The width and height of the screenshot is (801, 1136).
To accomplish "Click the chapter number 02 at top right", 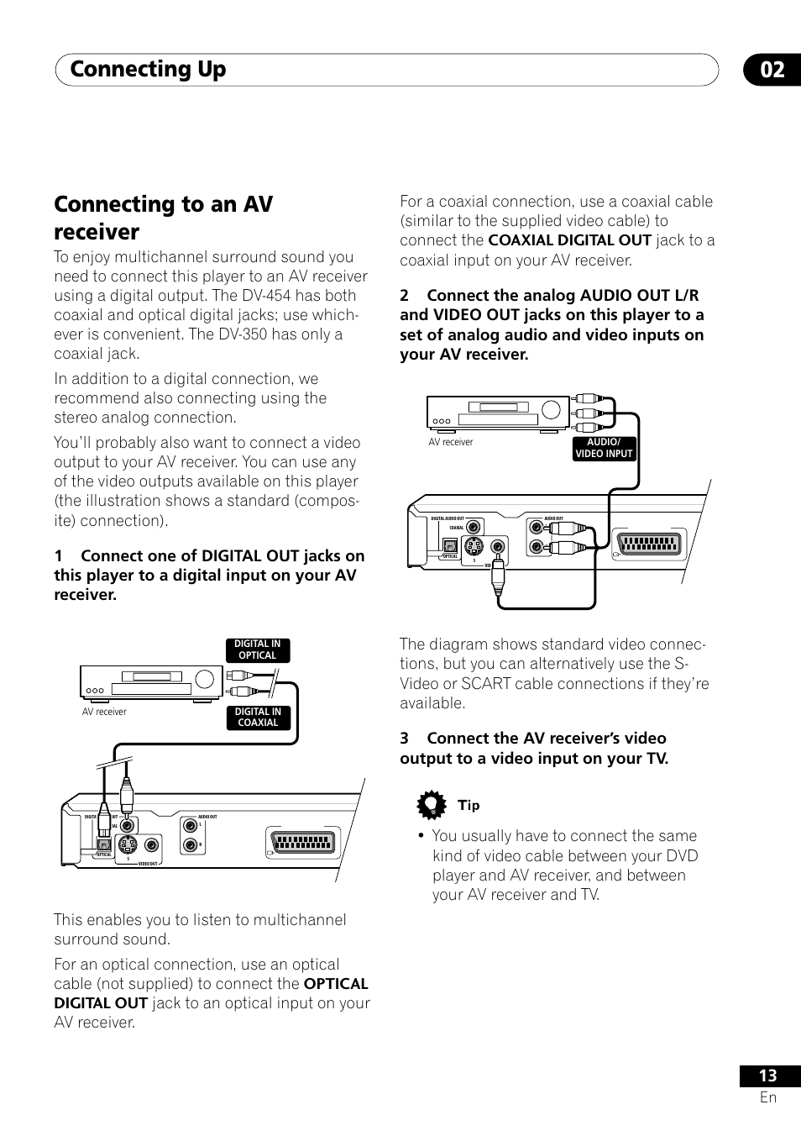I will [x=772, y=70].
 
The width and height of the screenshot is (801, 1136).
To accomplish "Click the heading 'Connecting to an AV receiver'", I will [x=164, y=218].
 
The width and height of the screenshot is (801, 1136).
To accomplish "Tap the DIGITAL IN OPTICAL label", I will [x=258, y=650].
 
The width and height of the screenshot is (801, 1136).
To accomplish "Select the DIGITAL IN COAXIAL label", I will [x=258, y=717].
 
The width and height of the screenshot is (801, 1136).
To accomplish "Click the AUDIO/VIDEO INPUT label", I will [x=604, y=448].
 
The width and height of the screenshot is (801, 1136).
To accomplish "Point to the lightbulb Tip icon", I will [x=432, y=806].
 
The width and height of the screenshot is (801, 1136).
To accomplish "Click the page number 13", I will [x=767, y=1076].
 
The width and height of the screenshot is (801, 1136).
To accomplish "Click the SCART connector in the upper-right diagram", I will [x=652, y=545].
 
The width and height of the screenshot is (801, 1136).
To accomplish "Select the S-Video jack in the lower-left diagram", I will [x=127, y=845].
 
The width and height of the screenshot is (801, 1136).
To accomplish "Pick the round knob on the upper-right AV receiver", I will [x=551, y=410].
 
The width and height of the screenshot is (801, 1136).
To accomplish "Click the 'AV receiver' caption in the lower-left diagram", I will [x=104, y=712].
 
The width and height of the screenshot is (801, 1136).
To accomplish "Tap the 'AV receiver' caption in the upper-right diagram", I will [x=451, y=442].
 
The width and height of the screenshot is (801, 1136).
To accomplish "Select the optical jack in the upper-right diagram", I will [x=449, y=546].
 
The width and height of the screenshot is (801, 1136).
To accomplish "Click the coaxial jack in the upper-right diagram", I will [x=474, y=528].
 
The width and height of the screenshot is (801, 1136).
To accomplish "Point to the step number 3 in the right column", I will [x=405, y=739].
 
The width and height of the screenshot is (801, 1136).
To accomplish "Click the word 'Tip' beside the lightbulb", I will [x=469, y=805].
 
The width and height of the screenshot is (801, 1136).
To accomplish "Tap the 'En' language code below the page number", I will [x=767, y=1097].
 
